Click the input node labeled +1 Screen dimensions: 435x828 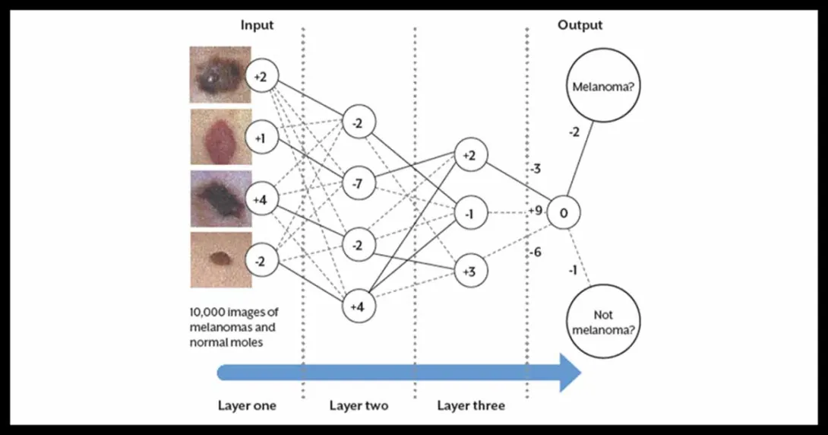coord(261,138)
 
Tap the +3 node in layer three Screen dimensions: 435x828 coord(469,271)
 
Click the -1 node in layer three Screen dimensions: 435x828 coord(469,214)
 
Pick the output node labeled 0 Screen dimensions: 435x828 coord(563,214)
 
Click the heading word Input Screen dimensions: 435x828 coord(257,25)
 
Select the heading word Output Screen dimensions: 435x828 coord(580,25)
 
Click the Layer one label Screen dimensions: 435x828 coord(247,405)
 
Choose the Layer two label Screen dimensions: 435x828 coord(359,405)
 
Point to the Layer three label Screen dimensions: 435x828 coord(470,405)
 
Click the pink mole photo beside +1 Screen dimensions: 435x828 coord(220,138)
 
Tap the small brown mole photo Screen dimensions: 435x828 coord(220,260)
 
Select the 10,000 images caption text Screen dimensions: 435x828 coord(232,327)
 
